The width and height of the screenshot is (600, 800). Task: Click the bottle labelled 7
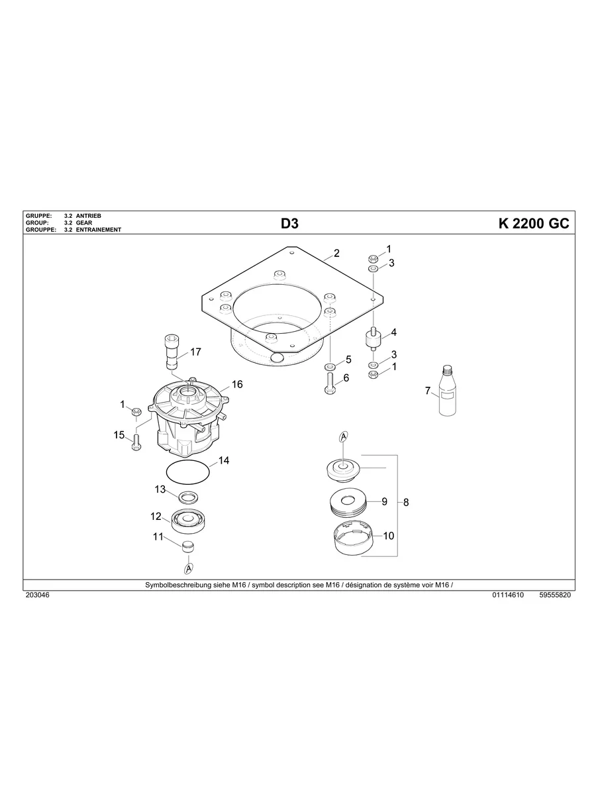coord(448,393)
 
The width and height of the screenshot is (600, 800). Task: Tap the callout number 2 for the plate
coord(336,253)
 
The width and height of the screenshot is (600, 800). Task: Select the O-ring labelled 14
coord(187,473)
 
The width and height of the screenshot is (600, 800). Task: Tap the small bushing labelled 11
coord(189,546)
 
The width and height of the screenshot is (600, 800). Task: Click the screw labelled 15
coord(136,441)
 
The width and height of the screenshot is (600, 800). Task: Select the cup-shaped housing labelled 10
coord(351,538)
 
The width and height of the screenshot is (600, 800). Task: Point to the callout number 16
coord(237,385)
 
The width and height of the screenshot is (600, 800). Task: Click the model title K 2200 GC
coord(533,223)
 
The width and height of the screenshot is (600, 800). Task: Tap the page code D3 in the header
coord(289,223)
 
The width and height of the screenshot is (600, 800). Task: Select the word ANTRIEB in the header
coord(88,216)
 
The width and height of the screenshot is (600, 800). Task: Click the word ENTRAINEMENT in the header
coord(99,230)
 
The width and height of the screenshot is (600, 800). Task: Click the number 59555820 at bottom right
coord(555,595)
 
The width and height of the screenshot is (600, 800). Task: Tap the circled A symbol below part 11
coord(189,569)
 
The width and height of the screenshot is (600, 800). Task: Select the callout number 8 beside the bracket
coord(406,503)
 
